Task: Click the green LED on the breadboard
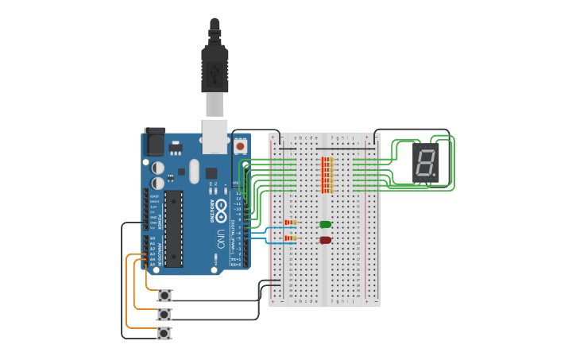coord(325,224)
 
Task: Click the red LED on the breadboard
coord(325,240)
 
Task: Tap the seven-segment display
coord(425,164)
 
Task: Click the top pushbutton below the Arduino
coord(164,295)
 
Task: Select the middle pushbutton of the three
coord(164,314)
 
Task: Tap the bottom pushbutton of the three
coord(164,333)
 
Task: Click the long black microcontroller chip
coord(173,228)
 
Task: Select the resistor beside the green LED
coord(290,223)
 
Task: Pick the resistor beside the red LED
coord(290,238)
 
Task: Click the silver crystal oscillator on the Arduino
coord(195,170)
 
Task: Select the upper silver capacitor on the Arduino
coord(158,168)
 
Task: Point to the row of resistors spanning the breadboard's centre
coord(326,175)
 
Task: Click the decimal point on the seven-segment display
coord(435,176)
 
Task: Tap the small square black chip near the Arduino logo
coord(211,173)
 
